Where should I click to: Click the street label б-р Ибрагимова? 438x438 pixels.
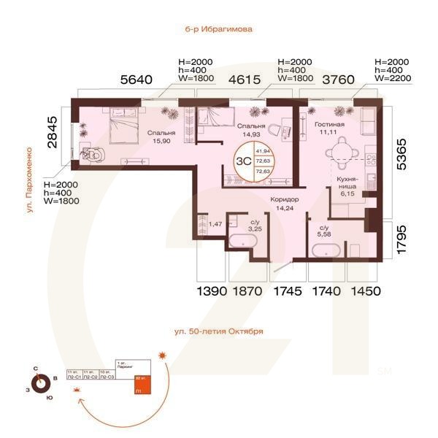[219, 31]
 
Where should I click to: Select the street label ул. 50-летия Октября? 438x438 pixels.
[219, 331]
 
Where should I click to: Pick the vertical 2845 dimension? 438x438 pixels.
[51, 132]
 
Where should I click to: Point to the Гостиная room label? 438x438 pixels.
[330, 125]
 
